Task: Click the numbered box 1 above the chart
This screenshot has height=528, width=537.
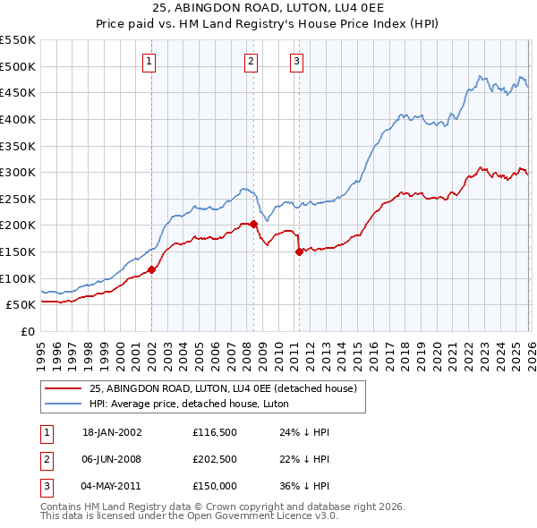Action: [149, 61]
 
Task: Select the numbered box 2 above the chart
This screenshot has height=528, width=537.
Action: [251, 61]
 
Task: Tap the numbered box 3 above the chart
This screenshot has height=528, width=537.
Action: [296, 61]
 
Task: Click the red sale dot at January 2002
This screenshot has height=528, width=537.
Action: [151, 269]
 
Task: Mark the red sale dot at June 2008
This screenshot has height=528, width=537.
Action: [253, 224]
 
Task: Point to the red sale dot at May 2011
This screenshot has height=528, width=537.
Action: [299, 252]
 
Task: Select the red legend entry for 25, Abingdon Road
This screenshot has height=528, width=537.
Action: [223, 387]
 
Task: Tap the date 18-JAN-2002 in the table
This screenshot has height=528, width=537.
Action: [112, 432]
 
